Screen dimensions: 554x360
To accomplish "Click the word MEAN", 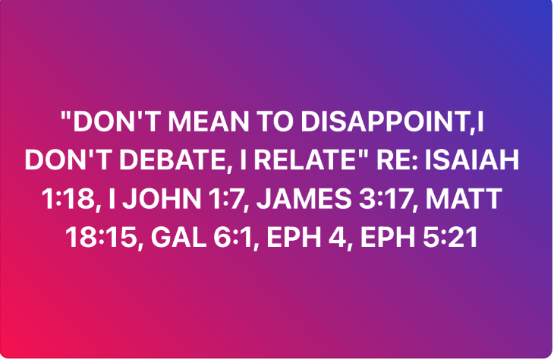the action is (209, 122).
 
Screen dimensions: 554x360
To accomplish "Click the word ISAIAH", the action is (472, 160).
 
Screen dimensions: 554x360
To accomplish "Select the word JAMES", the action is (304, 199).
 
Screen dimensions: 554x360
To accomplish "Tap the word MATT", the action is (464, 199).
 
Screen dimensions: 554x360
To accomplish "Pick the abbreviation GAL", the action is (178, 237).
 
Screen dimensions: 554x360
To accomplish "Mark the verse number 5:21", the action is (450, 237).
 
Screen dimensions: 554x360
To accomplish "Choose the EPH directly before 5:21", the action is (388, 237).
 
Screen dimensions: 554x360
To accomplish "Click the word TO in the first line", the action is (275, 122).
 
